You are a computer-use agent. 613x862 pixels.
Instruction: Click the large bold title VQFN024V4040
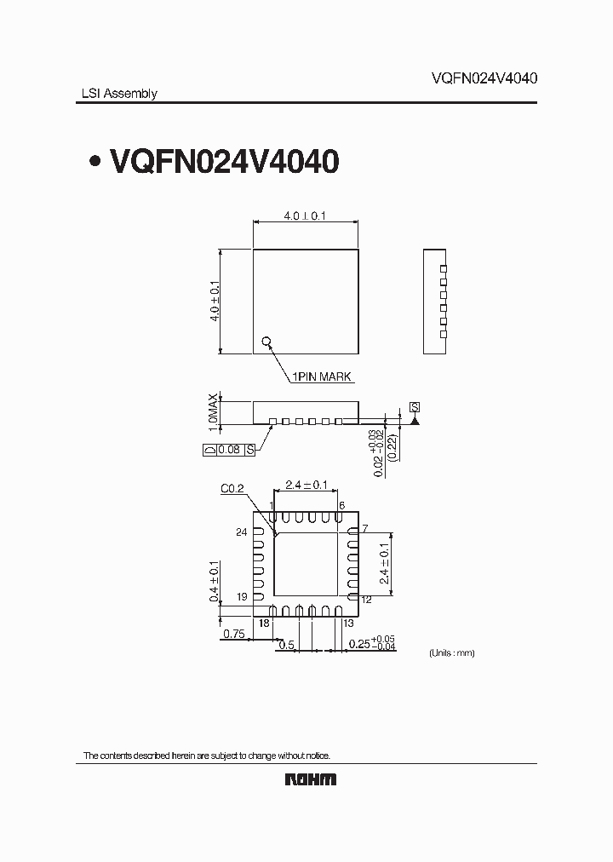pos(224,161)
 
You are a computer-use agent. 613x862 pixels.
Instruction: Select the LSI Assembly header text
pos(113,94)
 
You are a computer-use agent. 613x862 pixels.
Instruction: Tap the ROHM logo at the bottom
pos(310,779)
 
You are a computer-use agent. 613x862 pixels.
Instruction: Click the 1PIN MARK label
pos(322,376)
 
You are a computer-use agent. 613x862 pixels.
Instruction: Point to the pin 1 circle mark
pos(266,342)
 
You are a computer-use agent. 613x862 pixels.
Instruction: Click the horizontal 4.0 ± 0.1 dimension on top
pos(305,216)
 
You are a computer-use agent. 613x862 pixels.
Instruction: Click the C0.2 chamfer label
pos(232,488)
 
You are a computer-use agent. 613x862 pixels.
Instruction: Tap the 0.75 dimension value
pos(234,634)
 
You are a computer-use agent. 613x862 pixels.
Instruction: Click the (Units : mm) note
pos(450,652)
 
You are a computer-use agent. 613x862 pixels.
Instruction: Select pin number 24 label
pos(241,532)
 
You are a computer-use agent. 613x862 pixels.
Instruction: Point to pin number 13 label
pos(349,624)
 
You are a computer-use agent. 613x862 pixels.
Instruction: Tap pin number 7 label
pos(364,529)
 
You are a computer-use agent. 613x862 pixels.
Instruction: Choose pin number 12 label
pos(367,600)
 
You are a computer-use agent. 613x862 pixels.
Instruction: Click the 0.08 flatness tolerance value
pos(228,449)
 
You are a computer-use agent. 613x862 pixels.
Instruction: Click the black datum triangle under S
pos(415,420)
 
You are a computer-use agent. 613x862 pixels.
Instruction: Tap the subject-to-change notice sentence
pos(205,756)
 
